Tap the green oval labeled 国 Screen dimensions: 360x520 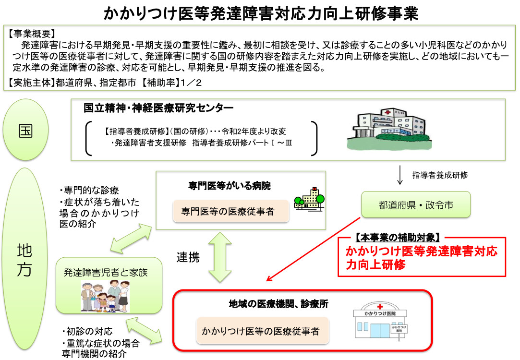tap(25, 131)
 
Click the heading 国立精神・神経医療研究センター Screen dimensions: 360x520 tap(158, 108)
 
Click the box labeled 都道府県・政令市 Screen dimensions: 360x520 tap(415, 205)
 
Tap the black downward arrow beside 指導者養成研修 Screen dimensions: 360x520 tap(400, 175)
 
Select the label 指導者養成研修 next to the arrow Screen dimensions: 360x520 tap(440, 175)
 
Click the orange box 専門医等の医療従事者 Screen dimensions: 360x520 tap(230, 211)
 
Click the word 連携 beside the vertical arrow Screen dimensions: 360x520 tap(188, 257)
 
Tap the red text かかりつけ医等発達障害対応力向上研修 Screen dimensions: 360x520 tap(422, 258)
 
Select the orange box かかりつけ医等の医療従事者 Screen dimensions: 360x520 tap(261, 331)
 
